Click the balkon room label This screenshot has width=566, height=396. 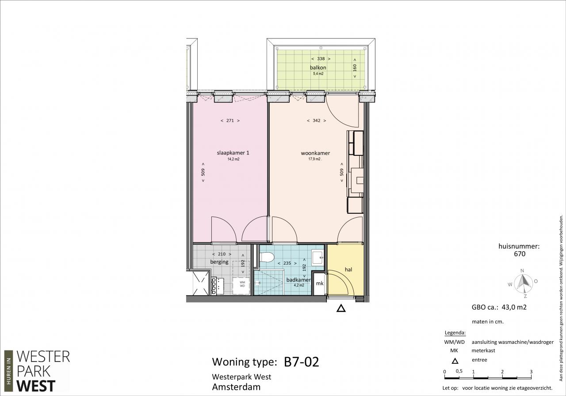pyautogui.click(x=318, y=68)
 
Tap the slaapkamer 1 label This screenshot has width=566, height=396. pyautogui.click(x=233, y=153)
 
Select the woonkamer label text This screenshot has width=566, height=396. pyautogui.click(x=315, y=153)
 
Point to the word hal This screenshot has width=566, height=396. pyautogui.click(x=348, y=269)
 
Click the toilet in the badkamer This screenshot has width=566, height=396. pyautogui.click(x=267, y=258)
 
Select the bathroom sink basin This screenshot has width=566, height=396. pyautogui.click(x=317, y=257)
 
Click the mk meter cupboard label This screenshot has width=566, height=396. pyautogui.click(x=320, y=283)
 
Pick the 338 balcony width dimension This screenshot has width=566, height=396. pyautogui.click(x=321, y=59)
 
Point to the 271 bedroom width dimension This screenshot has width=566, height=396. pyautogui.click(x=230, y=121)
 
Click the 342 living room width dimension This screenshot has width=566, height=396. pyautogui.click(x=316, y=121)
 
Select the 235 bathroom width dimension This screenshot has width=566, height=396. pyautogui.click(x=287, y=263)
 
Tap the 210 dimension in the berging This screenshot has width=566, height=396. pyautogui.click(x=222, y=254)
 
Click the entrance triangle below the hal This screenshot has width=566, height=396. pyautogui.click(x=341, y=308)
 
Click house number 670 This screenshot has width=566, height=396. pyautogui.click(x=520, y=254)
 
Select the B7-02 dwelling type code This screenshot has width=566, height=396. pyautogui.click(x=302, y=362)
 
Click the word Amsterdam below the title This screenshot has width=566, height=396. pyautogui.click(x=236, y=387)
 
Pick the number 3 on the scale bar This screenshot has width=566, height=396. pyautogui.click(x=531, y=372)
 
